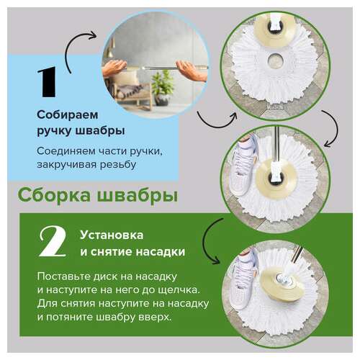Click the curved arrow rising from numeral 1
click(81, 50)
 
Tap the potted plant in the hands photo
click(163, 81)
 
